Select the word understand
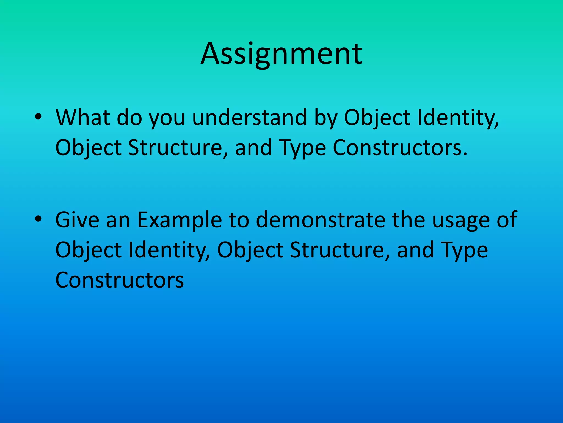249,118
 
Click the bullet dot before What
38,117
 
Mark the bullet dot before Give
38,219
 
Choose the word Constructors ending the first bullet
400,148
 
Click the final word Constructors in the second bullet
120,280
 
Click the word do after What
129,118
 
